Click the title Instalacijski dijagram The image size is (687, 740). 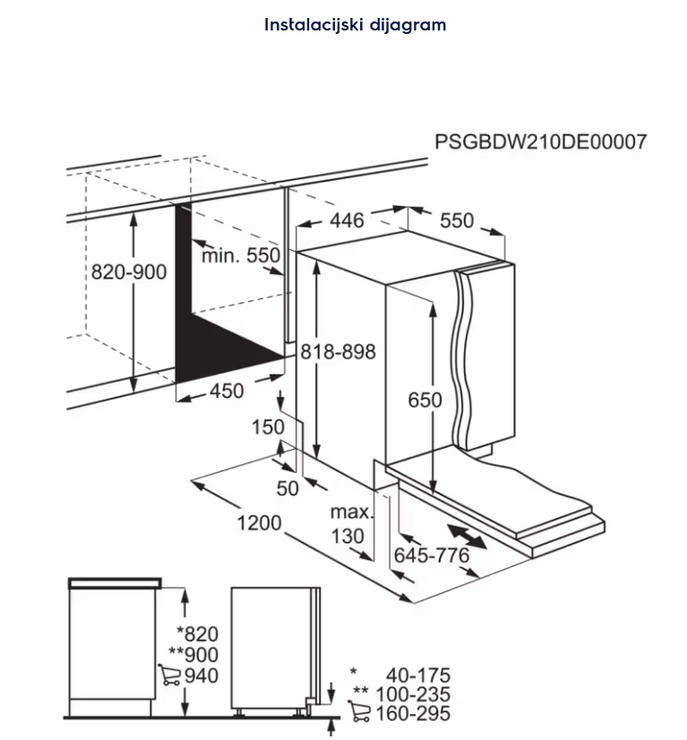(355, 25)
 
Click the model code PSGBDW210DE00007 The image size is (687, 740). (540, 142)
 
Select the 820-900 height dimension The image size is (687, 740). (129, 272)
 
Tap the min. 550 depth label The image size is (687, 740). (240, 255)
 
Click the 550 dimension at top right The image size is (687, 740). (456, 220)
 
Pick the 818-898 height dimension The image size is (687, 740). (339, 352)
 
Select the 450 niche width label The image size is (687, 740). (226, 392)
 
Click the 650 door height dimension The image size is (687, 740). (425, 400)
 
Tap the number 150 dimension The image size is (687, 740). (267, 428)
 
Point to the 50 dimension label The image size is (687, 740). (287, 488)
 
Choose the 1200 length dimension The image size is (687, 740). (259, 523)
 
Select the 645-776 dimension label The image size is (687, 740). (432, 555)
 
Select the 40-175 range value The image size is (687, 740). (417, 675)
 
